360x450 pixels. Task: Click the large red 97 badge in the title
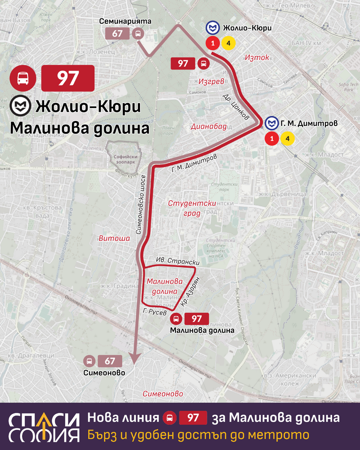67,78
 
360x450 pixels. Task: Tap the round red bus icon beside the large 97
22,78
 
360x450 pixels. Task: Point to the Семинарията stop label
120,21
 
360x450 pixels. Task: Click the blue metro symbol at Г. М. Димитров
271,123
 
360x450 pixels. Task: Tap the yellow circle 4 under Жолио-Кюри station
228,43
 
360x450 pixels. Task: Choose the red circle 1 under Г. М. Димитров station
271,138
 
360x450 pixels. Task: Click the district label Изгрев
208,81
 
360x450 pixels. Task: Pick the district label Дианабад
208,126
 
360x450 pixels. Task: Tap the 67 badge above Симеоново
110,361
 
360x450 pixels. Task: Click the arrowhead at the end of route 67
135,357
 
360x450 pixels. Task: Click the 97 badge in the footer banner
193,418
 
